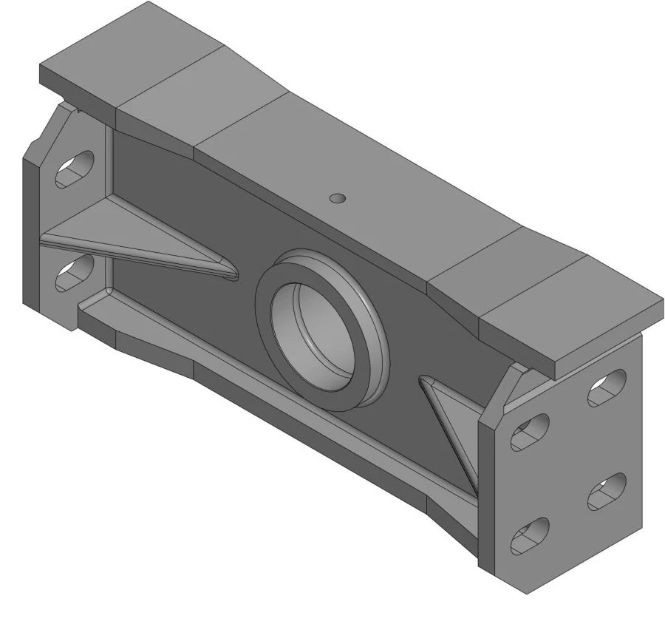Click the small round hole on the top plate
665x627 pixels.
337,197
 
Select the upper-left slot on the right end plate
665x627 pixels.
530,433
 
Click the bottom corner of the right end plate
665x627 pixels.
526,592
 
